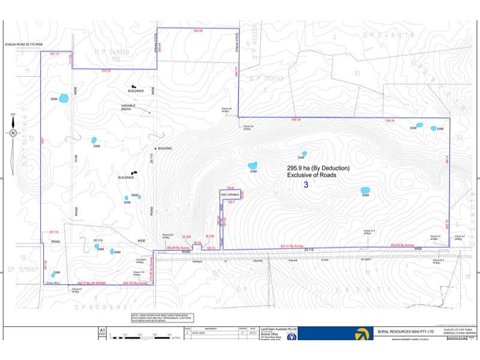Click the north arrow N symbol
point(13,133)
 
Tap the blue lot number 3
point(306,185)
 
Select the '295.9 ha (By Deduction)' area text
point(318,168)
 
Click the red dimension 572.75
point(106,71)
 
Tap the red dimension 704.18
point(295,120)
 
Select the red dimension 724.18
point(389,121)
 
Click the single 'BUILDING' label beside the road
point(165,148)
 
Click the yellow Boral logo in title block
point(362,334)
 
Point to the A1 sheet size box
point(102,331)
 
